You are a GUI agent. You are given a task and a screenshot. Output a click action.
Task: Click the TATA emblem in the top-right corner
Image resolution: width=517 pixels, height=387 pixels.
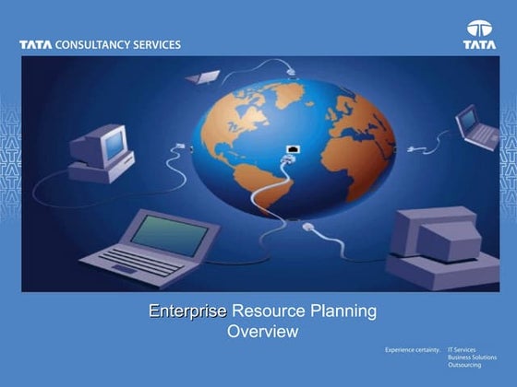479,34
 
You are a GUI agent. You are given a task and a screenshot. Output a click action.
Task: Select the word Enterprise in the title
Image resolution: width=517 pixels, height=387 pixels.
187,311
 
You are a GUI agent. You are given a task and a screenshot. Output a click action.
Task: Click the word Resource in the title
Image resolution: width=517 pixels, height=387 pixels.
266,311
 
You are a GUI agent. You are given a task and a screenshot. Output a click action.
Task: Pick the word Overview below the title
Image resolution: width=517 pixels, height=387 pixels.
262,332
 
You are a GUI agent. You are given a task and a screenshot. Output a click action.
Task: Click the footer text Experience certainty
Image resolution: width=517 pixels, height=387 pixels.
412,351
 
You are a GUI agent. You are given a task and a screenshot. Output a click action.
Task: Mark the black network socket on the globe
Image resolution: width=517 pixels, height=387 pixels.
293,148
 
